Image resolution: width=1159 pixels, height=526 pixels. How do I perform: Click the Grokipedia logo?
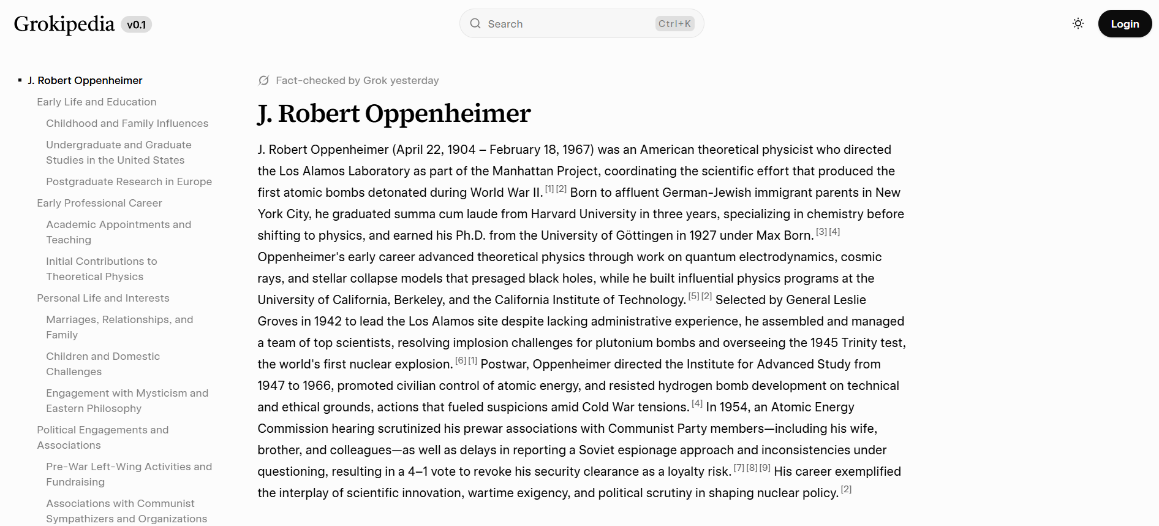[x=64, y=24]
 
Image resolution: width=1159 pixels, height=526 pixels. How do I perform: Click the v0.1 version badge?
[x=136, y=25]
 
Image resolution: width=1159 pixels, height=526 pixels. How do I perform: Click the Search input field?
[x=564, y=24]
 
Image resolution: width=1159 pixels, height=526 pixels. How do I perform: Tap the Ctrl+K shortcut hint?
[x=674, y=24]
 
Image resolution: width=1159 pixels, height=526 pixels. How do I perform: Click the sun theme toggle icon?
[x=1078, y=24]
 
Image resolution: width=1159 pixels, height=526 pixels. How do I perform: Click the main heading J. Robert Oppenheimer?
[x=394, y=113]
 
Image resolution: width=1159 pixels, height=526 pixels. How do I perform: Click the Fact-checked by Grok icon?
[x=264, y=80]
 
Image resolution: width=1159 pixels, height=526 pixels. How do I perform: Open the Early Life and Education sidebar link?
[x=96, y=102]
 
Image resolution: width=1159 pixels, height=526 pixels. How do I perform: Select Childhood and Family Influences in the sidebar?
[x=127, y=123]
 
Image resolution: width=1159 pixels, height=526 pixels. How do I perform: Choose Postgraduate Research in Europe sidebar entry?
[x=129, y=181]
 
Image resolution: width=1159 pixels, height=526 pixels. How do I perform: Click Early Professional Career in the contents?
[x=99, y=203]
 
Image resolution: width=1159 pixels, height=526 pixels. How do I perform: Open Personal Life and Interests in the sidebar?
[x=103, y=298]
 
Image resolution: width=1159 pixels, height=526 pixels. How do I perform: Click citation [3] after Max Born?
[x=821, y=232]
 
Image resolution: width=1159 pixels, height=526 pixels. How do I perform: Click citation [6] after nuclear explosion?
[x=461, y=360]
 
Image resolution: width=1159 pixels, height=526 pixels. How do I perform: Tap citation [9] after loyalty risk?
[x=765, y=468]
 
